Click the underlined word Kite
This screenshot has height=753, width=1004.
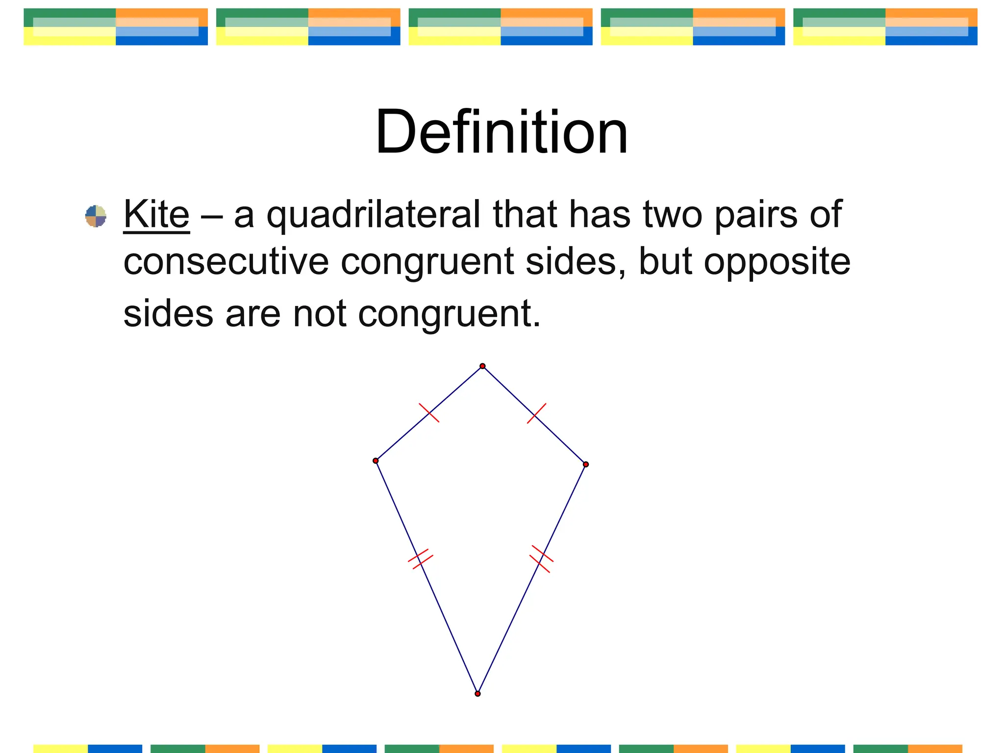tap(156, 214)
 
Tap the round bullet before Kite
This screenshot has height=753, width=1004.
tap(96, 216)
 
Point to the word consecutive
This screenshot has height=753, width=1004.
tap(226, 262)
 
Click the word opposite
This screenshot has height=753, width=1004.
tap(777, 262)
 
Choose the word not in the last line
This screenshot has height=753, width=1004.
tap(319, 313)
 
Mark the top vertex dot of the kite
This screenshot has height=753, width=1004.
tap(482, 366)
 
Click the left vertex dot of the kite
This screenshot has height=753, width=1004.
tap(376, 461)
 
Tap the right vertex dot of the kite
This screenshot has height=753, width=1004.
tap(586, 464)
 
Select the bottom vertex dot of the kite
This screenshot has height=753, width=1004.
tap(477, 694)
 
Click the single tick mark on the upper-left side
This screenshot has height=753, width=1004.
tap(429, 413)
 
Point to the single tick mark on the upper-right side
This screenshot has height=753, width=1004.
tap(536, 413)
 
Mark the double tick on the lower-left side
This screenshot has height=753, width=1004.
tap(421, 559)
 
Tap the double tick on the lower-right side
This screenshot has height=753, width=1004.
tap(541, 559)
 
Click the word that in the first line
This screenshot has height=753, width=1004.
tap(525, 214)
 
